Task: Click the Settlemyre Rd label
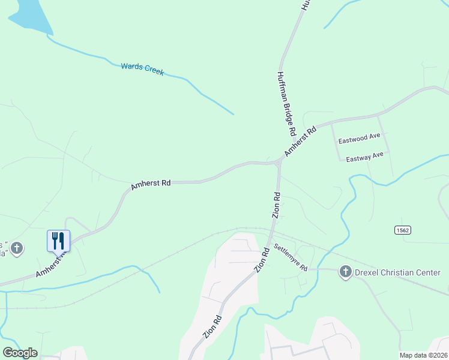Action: pyautogui.click(x=291, y=257)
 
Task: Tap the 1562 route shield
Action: pyautogui.click(x=402, y=230)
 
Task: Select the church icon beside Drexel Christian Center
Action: pyautogui.click(x=346, y=272)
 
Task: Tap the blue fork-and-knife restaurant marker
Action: pyautogui.click(x=59, y=241)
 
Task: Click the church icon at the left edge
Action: pyautogui.click(x=17, y=248)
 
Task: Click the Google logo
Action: pyautogui.click(x=20, y=353)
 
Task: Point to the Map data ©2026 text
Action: pyautogui.click(x=423, y=355)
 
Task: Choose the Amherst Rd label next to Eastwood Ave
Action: pyautogui.click(x=300, y=142)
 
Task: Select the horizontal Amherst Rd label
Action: pyautogui.click(x=151, y=184)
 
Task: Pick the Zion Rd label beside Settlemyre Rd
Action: pyautogui.click(x=262, y=260)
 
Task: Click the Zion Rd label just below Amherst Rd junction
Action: pyautogui.click(x=277, y=205)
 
